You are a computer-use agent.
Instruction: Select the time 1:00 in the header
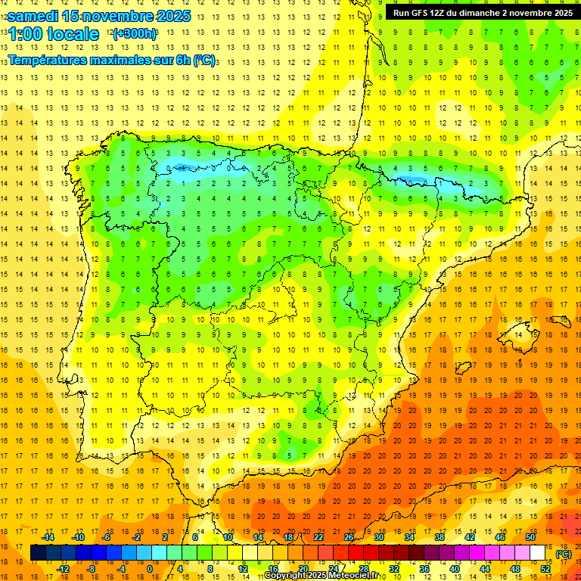[x=26, y=34]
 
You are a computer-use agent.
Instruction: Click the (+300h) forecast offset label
[x=134, y=34]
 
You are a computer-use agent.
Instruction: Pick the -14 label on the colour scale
[x=48, y=537]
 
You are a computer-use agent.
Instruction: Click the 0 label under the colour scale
[x=150, y=569]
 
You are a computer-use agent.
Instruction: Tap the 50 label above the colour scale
[x=530, y=537]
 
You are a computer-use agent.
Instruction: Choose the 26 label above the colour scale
[x=348, y=537]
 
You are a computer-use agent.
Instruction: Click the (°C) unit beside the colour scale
[x=564, y=554]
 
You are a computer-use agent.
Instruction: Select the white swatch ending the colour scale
[x=538, y=553]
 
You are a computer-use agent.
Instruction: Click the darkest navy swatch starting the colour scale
[x=38, y=553]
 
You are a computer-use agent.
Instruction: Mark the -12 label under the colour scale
[x=63, y=569]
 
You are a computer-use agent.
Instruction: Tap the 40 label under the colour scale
[x=455, y=569]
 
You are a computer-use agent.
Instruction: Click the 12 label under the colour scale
[x=243, y=569]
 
